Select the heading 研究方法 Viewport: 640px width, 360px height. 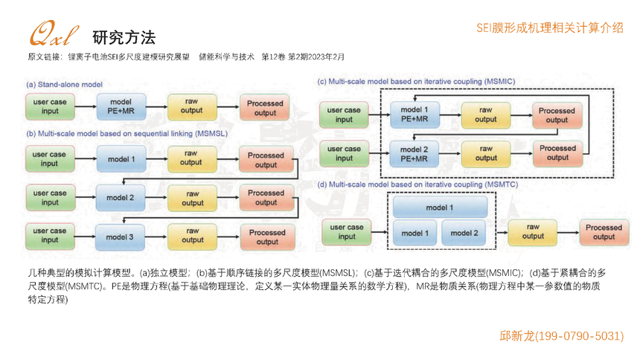click(x=124, y=36)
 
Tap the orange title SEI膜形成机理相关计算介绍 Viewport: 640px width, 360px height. click(x=549, y=28)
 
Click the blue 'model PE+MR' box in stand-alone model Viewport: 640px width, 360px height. click(x=121, y=106)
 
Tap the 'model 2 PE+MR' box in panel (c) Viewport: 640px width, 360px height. click(x=415, y=153)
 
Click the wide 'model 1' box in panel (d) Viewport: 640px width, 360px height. click(x=439, y=207)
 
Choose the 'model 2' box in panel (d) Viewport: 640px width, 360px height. click(x=464, y=233)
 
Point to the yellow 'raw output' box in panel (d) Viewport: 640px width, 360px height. click(x=533, y=231)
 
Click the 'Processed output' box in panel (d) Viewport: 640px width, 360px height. click(x=604, y=231)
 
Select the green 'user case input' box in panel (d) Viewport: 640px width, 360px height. click(x=347, y=232)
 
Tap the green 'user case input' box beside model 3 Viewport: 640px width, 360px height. click(x=50, y=235)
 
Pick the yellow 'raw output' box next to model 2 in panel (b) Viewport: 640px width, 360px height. click(x=192, y=198)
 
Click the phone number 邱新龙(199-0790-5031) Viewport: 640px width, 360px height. click(x=561, y=336)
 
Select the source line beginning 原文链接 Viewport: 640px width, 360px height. click(x=186, y=57)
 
